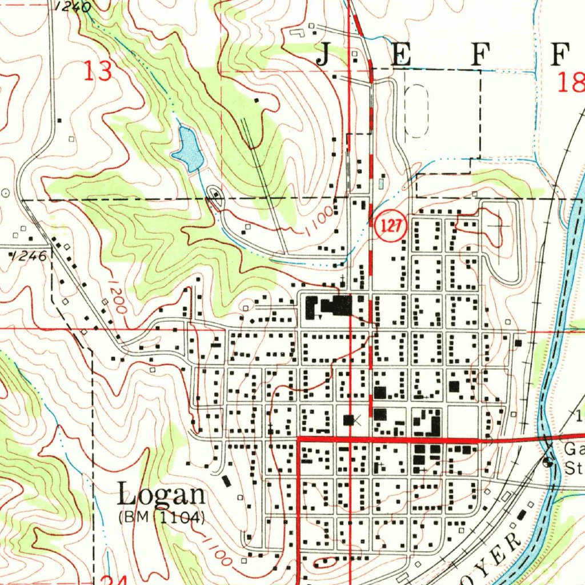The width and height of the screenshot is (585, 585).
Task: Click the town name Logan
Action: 161,495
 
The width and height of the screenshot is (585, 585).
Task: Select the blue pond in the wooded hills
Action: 188,150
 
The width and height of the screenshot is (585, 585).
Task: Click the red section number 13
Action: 98,72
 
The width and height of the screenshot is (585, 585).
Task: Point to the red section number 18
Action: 570,83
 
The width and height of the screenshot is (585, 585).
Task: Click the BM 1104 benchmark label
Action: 162,518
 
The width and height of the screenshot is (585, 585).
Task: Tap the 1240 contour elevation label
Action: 74,7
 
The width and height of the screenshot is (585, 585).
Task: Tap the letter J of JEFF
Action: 323,55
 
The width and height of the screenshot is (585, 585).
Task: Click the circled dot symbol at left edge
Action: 6,193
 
